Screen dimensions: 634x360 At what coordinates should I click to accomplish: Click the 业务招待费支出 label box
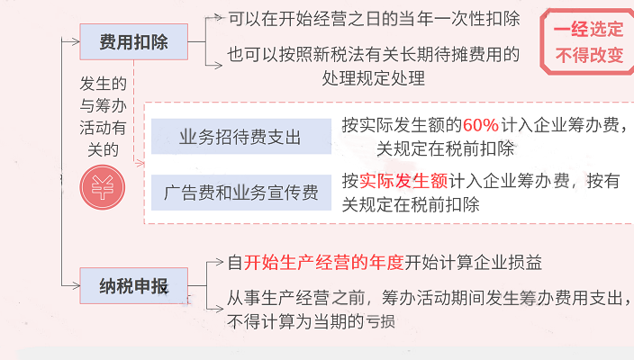[240, 138]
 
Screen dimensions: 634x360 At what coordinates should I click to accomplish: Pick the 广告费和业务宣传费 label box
[240, 192]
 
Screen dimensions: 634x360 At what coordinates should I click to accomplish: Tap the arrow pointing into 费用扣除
[72, 40]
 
